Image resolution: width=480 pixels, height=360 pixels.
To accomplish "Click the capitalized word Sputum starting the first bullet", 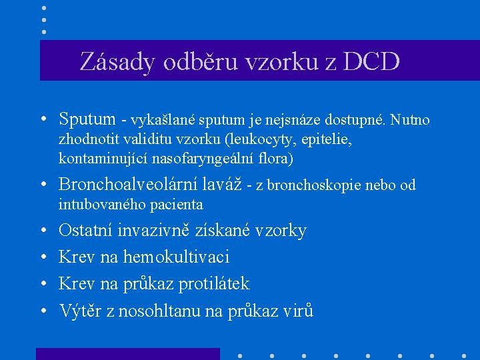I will click(x=87, y=120).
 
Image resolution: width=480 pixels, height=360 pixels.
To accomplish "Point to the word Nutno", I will click(x=410, y=121).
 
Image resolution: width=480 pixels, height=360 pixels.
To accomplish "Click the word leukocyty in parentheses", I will click(x=260, y=140).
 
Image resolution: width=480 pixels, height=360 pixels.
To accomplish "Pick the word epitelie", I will click(x=327, y=140).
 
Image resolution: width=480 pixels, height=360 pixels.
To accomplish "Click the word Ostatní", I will click(x=85, y=231).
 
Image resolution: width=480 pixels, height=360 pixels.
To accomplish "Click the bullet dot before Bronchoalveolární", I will click(x=42, y=185).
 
